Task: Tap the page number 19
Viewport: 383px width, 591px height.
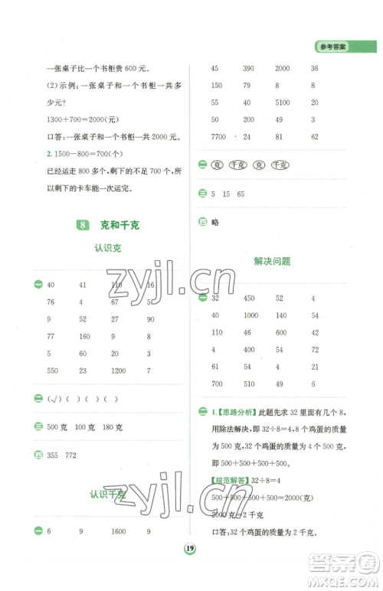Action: point(188,570)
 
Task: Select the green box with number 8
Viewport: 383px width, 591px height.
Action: point(83,225)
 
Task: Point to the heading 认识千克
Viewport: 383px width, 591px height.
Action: point(108,495)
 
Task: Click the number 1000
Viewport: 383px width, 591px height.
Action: point(250,315)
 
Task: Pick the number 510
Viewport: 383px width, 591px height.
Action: point(248,384)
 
